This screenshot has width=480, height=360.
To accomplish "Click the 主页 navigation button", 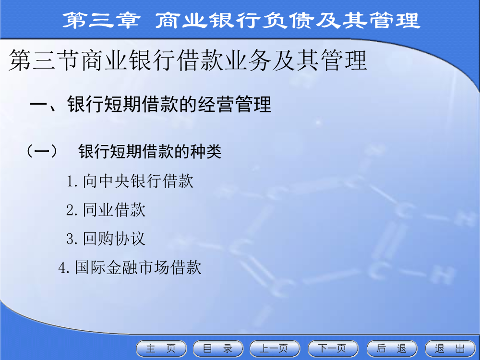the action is click(161, 348).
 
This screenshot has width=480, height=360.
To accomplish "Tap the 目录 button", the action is click(218, 348).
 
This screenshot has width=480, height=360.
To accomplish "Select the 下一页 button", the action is click(333, 348).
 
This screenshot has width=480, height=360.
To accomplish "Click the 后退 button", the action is click(392, 348).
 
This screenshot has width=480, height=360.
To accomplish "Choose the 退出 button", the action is click(450, 348).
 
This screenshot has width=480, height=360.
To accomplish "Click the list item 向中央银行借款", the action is click(138, 181).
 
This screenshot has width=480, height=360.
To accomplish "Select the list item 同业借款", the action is click(114, 210).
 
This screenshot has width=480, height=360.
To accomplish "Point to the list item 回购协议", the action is click(114, 239).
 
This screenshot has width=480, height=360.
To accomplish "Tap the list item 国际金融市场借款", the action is click(138, 267).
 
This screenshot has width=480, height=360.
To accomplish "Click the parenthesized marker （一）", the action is click(42, 152).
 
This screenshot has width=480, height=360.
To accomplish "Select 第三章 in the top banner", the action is click(101, 20).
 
